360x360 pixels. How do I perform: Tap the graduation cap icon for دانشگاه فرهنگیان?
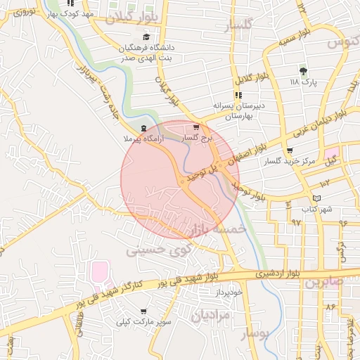(146, 37)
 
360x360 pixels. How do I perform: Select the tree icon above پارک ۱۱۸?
(303, 71)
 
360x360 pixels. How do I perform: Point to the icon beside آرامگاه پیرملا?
(144, 129)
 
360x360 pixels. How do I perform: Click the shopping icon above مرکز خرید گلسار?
(290, 150)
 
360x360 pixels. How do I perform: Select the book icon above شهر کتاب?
(316, 198)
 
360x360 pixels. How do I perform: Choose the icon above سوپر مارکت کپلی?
(144, 311)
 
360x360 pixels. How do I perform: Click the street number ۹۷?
(296, 221)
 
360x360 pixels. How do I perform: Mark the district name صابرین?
(323, 282)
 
